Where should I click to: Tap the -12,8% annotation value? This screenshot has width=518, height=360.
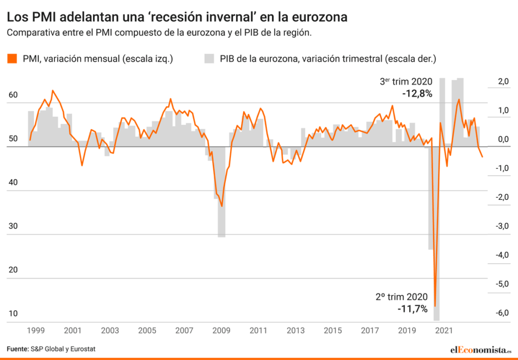pos(417,94)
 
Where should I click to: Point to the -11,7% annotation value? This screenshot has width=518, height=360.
pos(412,309)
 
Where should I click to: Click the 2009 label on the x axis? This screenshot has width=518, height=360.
pos(222,330)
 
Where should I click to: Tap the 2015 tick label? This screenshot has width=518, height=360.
pos(333,330)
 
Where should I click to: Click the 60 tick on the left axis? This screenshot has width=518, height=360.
pos(13,95)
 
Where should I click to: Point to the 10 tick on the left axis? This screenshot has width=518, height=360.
pos(13,313)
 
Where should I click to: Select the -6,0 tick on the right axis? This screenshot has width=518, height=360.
pos(503,313)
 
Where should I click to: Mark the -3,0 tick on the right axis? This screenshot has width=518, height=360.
pos(503,226)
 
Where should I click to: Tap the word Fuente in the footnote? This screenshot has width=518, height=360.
pos(17,349)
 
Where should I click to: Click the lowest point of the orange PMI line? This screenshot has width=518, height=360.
pos(435,306)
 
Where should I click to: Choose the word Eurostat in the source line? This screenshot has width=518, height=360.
pos(83,349)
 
